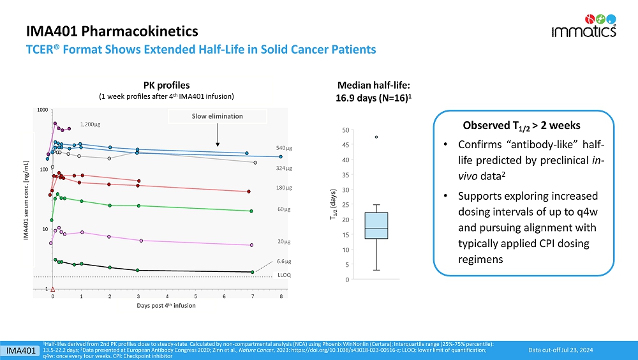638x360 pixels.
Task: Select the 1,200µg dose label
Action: point(91,124)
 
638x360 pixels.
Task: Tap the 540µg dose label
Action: point(284,147)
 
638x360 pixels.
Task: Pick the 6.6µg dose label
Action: point(284,261)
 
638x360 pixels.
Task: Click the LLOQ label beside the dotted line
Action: point(285,274)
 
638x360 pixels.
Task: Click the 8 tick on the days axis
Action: point(281,296)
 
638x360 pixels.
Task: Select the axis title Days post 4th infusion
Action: point(167,306)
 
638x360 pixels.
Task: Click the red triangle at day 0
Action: point(53,290)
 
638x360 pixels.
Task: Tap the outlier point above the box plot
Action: point(376,137)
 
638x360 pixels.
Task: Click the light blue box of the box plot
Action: point(376,225)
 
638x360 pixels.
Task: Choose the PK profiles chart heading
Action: point(167,85)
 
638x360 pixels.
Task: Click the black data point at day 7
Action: point(253,273)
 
